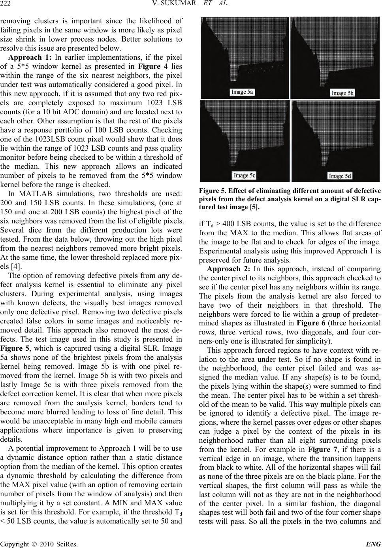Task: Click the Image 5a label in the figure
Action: (243, 92)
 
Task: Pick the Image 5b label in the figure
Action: (342, 93)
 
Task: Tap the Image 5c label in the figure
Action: (244, 175)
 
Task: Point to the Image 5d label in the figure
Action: (342, 176)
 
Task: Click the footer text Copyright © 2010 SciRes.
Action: (39, 543)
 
